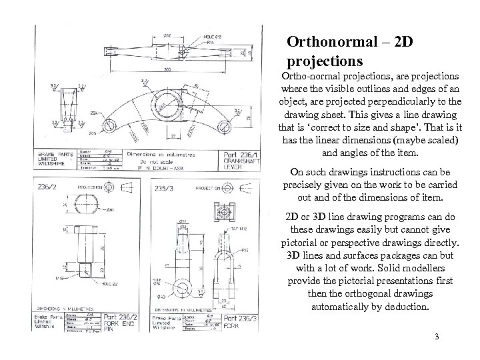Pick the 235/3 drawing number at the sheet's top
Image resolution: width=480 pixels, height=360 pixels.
click(x=164, y=189)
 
